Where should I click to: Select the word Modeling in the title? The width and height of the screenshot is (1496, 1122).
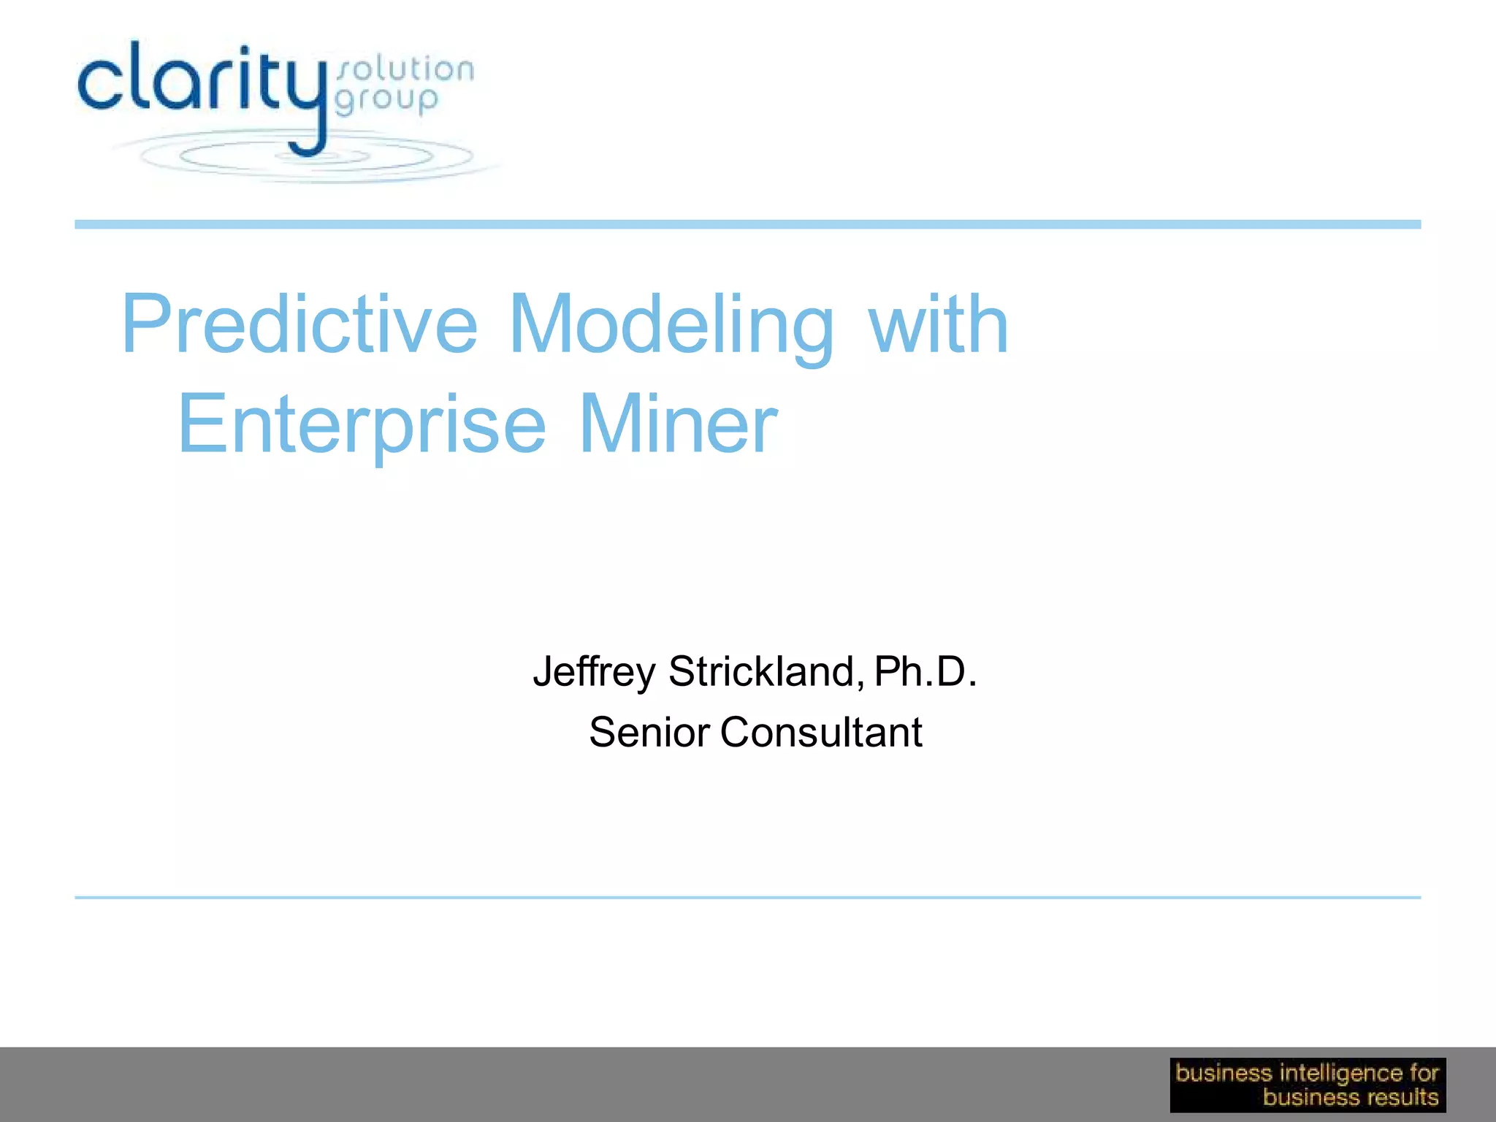671,326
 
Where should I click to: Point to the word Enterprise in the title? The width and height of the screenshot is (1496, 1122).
362,424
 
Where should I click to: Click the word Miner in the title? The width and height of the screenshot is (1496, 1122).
678,424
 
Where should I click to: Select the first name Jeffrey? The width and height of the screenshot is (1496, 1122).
593,672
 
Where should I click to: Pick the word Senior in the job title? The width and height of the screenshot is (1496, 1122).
649,732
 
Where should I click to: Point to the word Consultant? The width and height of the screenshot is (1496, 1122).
821,732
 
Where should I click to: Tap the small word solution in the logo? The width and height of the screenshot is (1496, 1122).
405,70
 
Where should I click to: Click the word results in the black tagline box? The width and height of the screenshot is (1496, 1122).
1402,1097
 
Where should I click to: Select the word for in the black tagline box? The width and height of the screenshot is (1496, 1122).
1424,1073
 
